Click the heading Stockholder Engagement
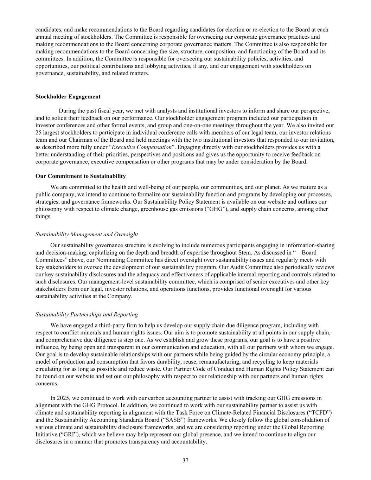coord(68,97)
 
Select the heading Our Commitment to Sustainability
coord(81,176)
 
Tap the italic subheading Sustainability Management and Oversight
coord(87,235)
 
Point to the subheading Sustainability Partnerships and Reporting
coord(87,314)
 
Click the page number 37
coord(185,461)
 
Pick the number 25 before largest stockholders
coord(39,133)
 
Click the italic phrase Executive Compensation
coord(141,147)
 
